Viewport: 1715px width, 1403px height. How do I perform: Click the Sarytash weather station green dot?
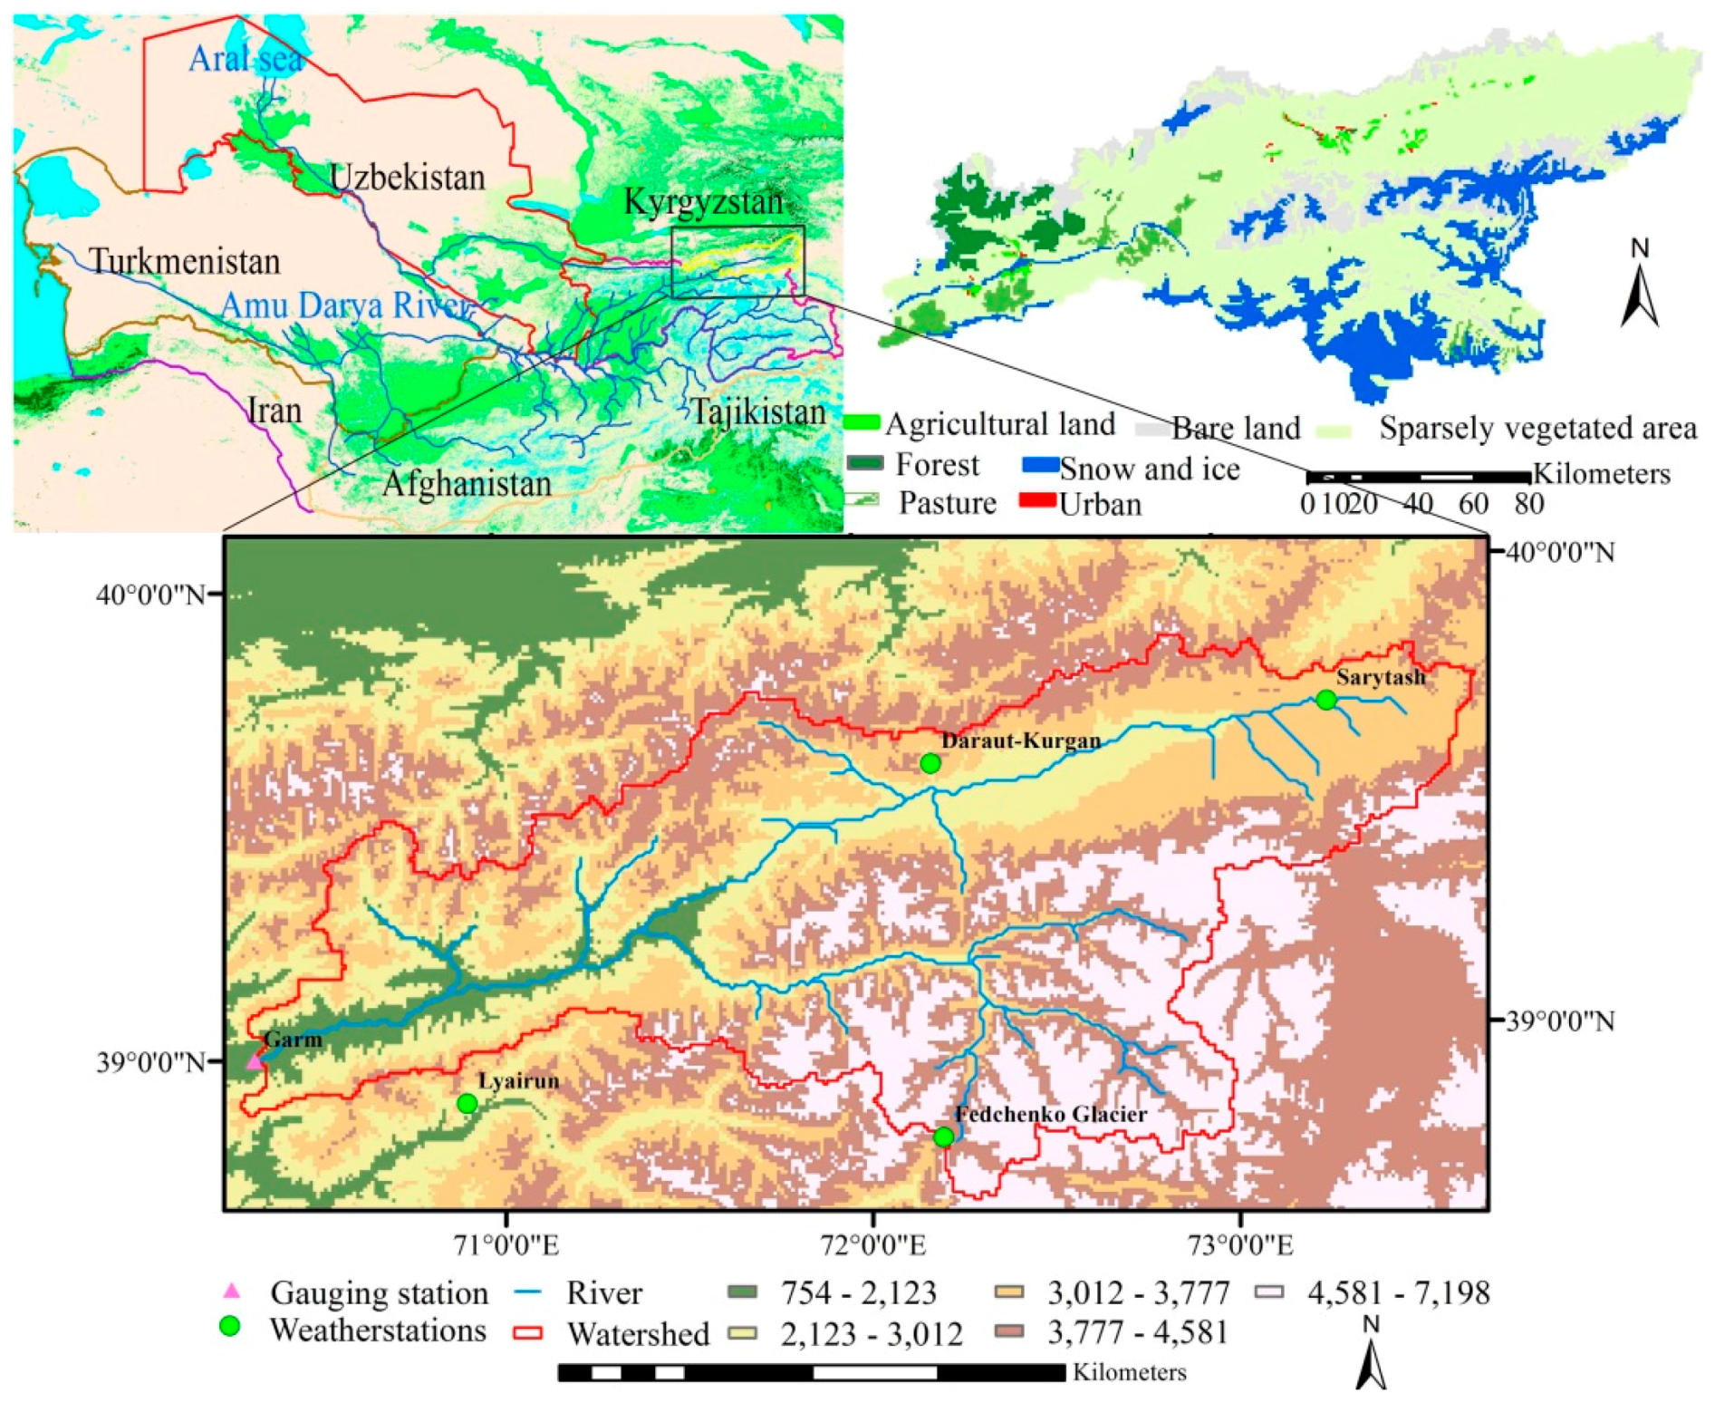[x=1326, y=700]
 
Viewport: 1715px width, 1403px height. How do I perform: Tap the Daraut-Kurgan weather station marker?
[x=930, y=763]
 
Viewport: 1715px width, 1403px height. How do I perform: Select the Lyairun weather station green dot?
[x=467, y=1103]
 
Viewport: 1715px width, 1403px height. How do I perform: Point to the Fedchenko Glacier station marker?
[x=943, y=1137]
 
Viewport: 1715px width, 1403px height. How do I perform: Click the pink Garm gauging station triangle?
[x=255, y=1060]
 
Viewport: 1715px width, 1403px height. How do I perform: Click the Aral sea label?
[x=246, y=60]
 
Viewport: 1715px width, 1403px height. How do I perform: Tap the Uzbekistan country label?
[x=407, y=178]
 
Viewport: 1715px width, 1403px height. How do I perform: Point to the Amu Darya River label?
[x=345, y=305]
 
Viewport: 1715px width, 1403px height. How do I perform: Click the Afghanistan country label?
[x=467, y=483]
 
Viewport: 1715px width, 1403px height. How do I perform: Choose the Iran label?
[x=275, y=411]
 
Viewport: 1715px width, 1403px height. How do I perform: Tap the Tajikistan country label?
[x=758, y=412]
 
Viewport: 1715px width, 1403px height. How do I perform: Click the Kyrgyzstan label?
[x=703, y=202]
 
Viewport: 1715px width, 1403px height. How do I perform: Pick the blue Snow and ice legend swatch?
[x=1040, y=466]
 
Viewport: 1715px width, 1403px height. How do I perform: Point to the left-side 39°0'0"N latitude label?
[x=151, y=1061]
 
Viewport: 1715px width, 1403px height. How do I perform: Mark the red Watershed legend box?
[x=527, y=1332]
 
